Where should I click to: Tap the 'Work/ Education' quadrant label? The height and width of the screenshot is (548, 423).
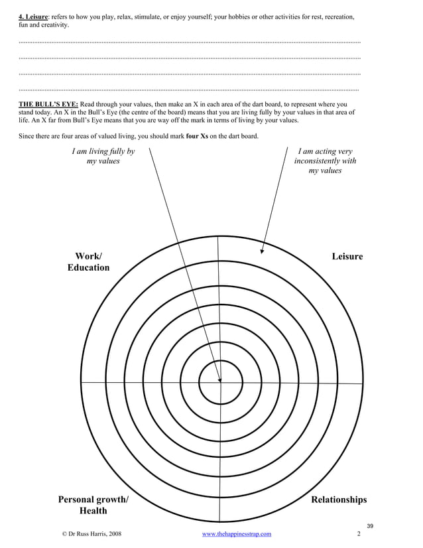click(x=88, y=262)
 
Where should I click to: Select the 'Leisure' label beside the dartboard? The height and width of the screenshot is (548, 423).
click(x=347, y=257)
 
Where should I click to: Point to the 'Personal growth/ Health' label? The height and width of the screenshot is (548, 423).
click(x=93, y=505)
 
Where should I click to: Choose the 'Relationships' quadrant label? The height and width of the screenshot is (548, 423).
click(x=339, y=500)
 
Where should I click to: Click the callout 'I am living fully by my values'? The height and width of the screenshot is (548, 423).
click(x=103, y=156)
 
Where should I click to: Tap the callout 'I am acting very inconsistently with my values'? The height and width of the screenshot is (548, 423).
click(x=325, y=161)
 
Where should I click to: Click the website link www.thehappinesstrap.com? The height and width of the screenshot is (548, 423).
click(x=236, y=533)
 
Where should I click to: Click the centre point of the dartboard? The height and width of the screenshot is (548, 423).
click(x=220, y=382)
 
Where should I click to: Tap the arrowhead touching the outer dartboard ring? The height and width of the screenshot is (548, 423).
click(x=263, y=251)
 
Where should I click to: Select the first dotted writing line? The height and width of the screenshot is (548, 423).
click(x=190, y=42)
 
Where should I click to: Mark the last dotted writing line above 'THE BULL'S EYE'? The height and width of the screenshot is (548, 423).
click(x=190, y=89)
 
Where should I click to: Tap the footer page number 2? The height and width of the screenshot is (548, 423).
click(x=358, y=533)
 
